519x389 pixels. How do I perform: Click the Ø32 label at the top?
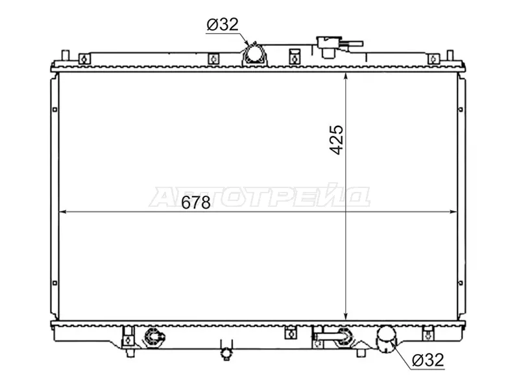(223, 25)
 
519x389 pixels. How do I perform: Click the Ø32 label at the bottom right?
(428, 360)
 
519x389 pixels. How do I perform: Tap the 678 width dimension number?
(196, 202)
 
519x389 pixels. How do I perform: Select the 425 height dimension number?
(337, 140)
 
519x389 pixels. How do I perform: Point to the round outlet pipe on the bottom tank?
(386, 338)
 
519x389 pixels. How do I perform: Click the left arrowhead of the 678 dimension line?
(62, 212)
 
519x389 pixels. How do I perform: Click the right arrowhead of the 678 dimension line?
(453, 212)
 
